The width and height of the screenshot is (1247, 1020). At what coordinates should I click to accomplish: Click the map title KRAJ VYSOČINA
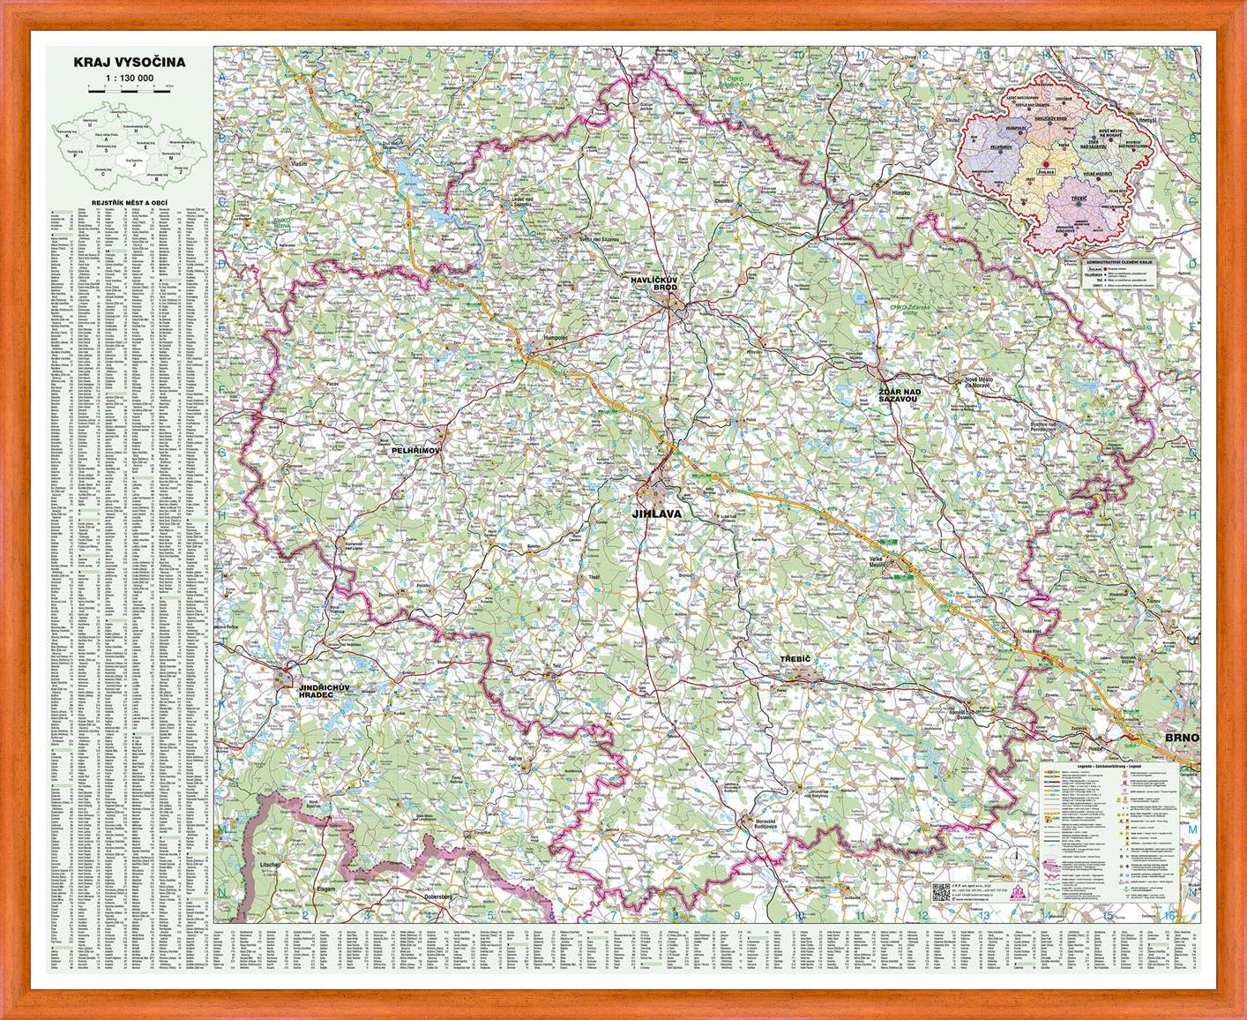129,62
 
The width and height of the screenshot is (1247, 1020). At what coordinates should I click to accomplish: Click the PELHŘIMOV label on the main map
415,449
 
